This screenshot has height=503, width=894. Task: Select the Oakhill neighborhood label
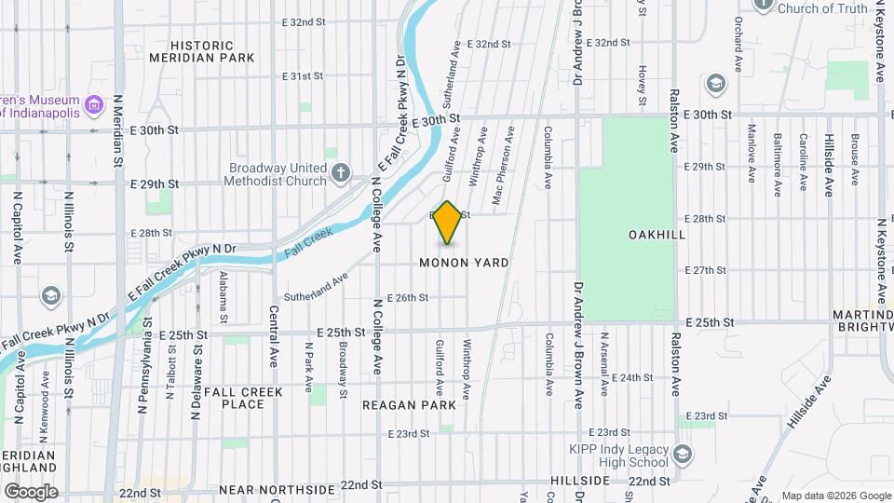pos(657,235)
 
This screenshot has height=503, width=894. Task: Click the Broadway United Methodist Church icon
pos(342,172)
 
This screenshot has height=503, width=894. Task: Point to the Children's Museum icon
pos(93,105)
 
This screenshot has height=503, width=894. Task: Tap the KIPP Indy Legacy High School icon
pos(683,454)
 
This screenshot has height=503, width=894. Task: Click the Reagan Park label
pos(410,405)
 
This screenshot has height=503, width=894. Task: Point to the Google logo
pos(30,491)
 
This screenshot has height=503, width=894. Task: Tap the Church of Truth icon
pos(764,5)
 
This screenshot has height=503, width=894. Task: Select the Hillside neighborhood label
pos(578,481)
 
